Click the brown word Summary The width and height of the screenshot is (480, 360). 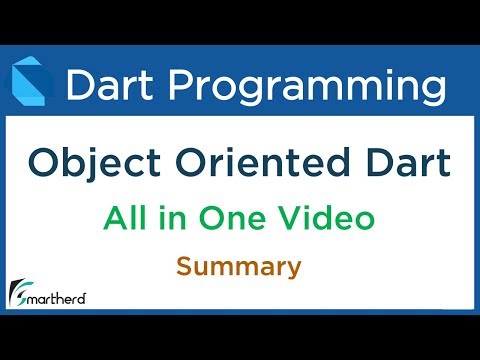click(240, 267)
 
